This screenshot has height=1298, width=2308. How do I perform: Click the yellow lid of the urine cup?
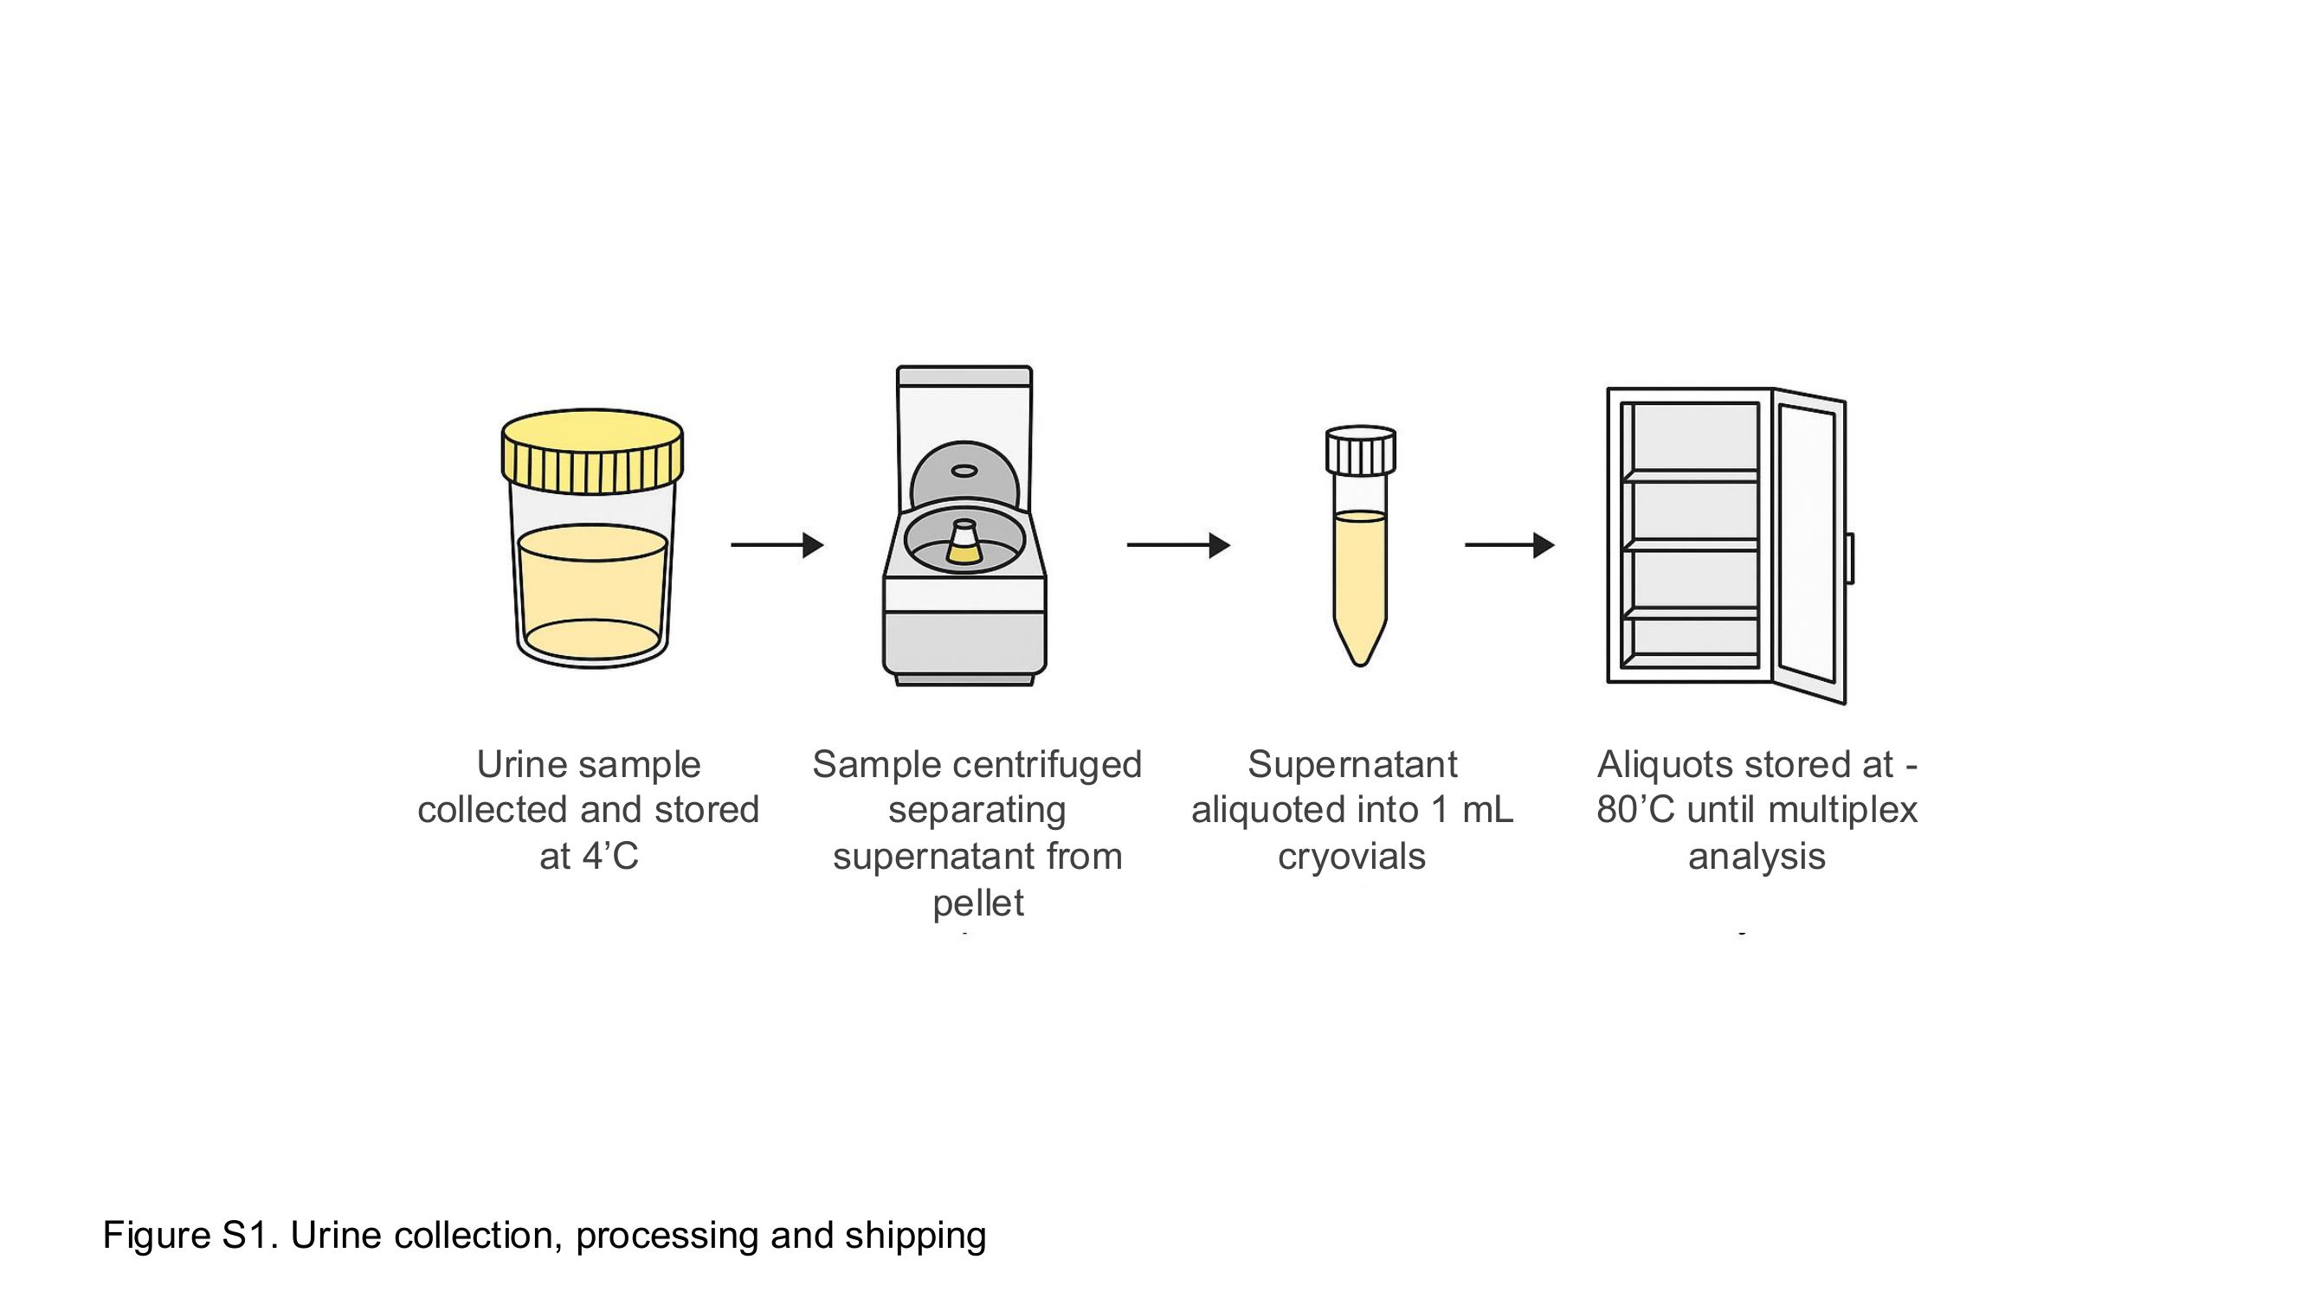click(592, 452)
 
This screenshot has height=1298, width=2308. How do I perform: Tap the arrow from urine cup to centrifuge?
click(777, 544)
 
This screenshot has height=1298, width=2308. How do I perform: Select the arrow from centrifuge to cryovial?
click(1178, 544)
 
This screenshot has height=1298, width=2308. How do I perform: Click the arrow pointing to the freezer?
click(1510, 544)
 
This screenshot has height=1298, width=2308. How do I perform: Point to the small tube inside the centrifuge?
click(964, 542)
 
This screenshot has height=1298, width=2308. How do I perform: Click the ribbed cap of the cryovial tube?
click(1360, 451)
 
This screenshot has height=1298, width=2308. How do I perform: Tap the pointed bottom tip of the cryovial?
click(1360, 663)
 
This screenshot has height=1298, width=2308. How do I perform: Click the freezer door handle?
click(1850, 558)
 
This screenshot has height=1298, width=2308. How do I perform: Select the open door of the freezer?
click(1809, 546)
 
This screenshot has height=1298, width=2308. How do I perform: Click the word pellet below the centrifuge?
click(978, 903)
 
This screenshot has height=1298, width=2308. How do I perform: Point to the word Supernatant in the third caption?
click(1353, 765)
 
